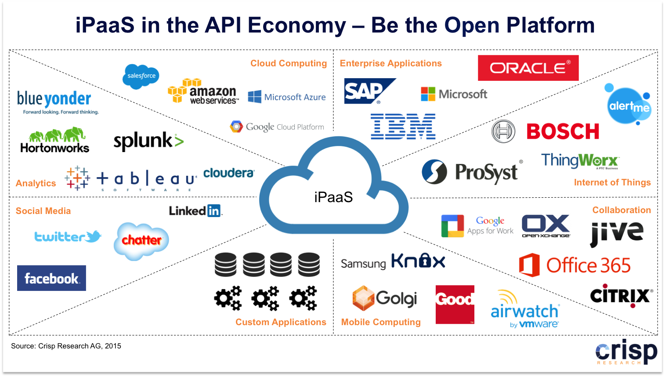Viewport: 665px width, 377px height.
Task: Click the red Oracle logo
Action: (528, 68)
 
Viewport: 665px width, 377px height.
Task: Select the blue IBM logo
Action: (403, 127)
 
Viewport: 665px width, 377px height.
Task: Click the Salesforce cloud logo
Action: (141, 76)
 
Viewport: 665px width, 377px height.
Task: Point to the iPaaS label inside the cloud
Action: (333, 197)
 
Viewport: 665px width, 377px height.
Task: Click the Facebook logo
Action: (51, 278)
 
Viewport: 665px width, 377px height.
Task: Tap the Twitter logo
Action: (68, 237)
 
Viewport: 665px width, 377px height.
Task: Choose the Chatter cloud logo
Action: (141, 240)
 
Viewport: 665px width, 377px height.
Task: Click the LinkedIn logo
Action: (195, 211)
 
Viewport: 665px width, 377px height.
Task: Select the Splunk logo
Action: (148, 141)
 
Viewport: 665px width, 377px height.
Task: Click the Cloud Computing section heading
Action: (289, 63)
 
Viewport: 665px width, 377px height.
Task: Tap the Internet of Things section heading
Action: (612, 182)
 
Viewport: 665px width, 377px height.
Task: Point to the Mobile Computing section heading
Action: (381, 322)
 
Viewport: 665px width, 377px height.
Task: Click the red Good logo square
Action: (455, 304)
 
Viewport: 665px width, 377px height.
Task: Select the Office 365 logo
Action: (575, 265)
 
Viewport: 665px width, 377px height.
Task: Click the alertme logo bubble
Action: (629, 105)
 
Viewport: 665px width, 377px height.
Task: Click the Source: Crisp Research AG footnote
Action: (66, 346)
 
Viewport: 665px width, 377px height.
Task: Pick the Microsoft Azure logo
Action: (287, 97)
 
